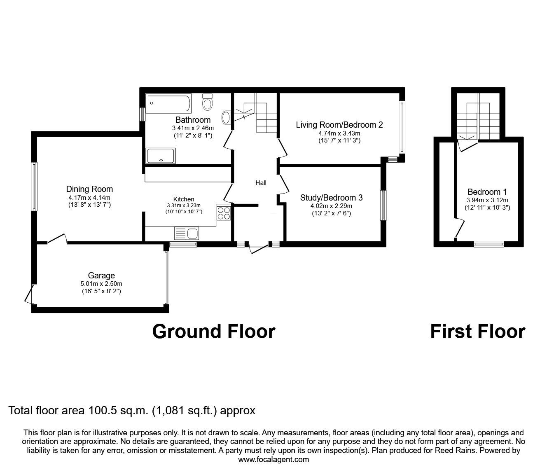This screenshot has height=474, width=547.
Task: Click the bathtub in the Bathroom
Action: point(169,103)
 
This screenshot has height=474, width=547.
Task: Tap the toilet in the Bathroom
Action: point(207,102)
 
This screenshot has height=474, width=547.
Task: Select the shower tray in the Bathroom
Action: point(161,156)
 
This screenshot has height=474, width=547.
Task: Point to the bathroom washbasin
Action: point(226,117)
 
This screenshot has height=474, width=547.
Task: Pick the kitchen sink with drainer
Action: point(187,233)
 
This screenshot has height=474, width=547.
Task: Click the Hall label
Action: point(261,182)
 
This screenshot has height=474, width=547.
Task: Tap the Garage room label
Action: point(101,276)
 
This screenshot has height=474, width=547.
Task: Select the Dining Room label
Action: point(89,189)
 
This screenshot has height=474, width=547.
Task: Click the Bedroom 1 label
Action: point(487,191)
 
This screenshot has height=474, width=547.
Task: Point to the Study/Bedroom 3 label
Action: point(331,197)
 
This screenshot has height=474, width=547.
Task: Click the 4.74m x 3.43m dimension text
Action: point(339,133)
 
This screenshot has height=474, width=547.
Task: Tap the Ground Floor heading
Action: point(214,332)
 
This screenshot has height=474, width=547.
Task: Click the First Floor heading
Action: point(478,332)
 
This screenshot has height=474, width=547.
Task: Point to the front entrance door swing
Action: point(259,248)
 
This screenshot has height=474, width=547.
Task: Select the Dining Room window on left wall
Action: point(34,187)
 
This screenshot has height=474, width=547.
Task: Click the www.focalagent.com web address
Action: point(273,459)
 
